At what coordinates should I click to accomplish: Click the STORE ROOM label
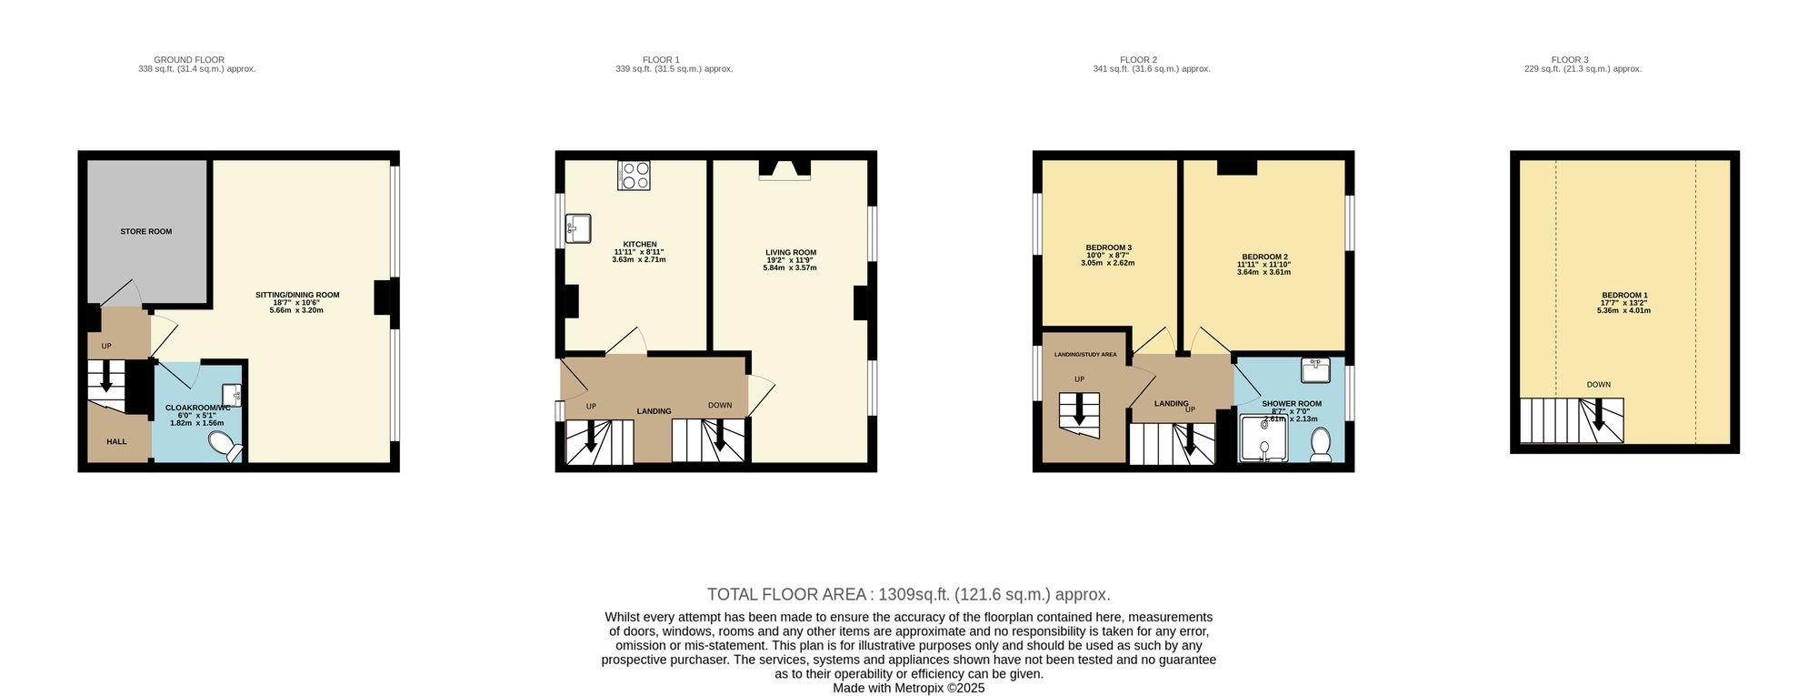point(146,232)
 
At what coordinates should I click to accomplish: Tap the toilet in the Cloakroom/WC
point(222,446)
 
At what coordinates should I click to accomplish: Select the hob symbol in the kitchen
point(634,176)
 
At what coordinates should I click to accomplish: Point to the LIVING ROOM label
point(790,253)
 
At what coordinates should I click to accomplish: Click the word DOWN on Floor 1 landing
point(720,406)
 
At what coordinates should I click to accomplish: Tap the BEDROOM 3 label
point(1108,247)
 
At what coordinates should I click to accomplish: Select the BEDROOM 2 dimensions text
point(1264,268)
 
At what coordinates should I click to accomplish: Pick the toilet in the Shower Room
point(1321,444)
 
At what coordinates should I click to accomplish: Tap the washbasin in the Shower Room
point(1314,369)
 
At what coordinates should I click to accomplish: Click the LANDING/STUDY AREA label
point(1084,355)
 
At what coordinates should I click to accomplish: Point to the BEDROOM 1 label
point(1623,296)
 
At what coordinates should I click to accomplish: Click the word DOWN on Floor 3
point(1598,385)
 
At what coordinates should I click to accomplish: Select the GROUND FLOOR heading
point(189,60)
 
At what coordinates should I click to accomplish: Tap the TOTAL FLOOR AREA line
point(908,595)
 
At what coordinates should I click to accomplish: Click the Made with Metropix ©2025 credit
point(908,689)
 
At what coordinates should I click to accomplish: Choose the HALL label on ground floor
point(116,442)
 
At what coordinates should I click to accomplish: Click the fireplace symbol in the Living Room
point(784,170)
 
